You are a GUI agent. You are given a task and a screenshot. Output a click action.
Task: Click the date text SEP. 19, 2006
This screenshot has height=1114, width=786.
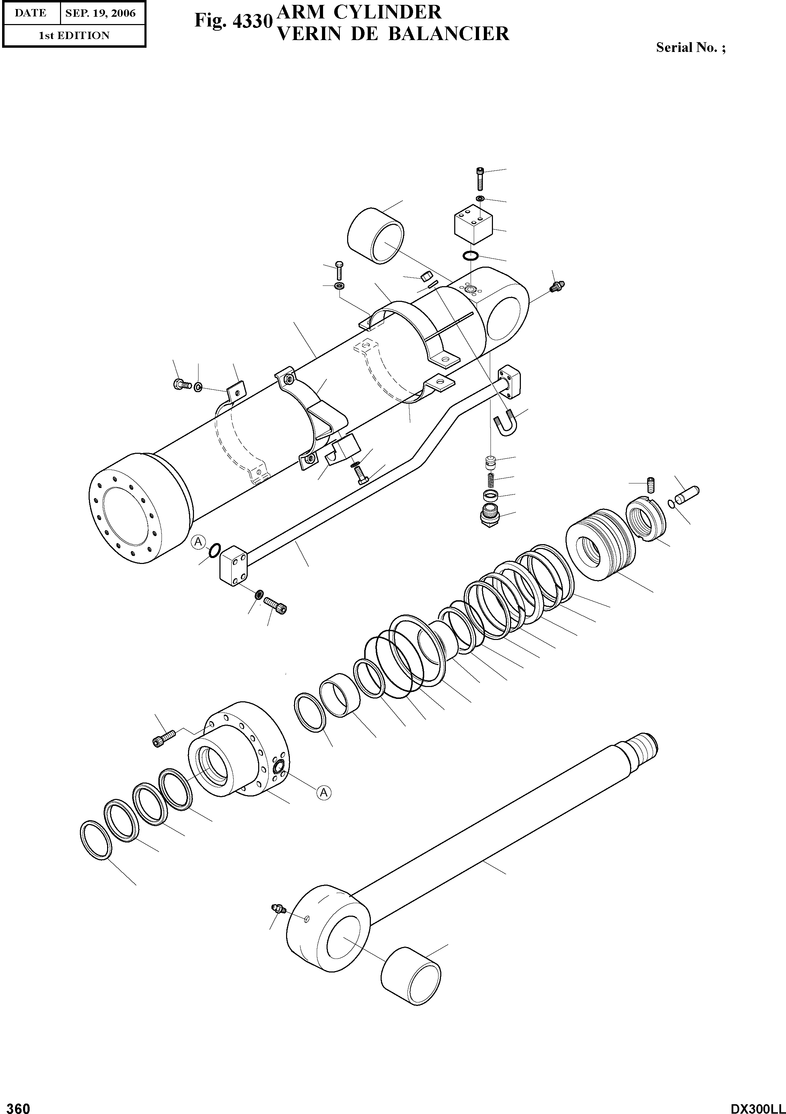point(100,13)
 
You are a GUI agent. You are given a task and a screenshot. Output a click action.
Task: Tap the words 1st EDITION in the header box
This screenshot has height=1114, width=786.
point(74,36)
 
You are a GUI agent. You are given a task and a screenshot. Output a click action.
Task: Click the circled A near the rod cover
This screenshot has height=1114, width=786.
point(323,792)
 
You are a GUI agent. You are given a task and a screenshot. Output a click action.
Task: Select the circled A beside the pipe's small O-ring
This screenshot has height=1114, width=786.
point(198,542)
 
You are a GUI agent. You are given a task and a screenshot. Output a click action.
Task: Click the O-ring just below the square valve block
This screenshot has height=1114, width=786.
point(470,256)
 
